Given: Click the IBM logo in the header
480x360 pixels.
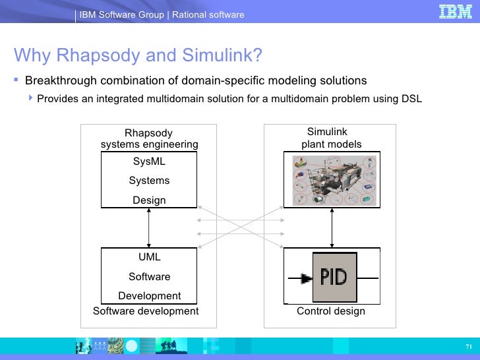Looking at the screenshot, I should coord(456,12).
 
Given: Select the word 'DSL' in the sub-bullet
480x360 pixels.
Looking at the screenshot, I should coord(411,99).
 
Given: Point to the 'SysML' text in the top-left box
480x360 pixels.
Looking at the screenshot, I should coord(149,162).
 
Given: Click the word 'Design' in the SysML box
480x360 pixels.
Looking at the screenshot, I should coord(149,200).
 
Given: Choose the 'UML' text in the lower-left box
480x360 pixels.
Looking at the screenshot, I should coord(149,257).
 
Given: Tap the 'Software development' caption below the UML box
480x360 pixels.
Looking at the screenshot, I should coord(146,311).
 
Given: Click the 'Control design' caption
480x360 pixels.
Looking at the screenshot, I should coord(331,311).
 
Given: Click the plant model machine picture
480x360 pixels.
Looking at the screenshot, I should coord(332,180).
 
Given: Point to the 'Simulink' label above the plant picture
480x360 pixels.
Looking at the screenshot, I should coord(327,132).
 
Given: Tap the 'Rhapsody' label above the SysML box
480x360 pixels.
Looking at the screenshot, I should coord(149,133).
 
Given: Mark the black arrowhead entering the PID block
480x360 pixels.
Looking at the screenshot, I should coord(306,279).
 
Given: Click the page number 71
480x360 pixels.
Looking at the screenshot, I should coord(469,347).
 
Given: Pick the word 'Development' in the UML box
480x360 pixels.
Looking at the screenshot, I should coord(149,296).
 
